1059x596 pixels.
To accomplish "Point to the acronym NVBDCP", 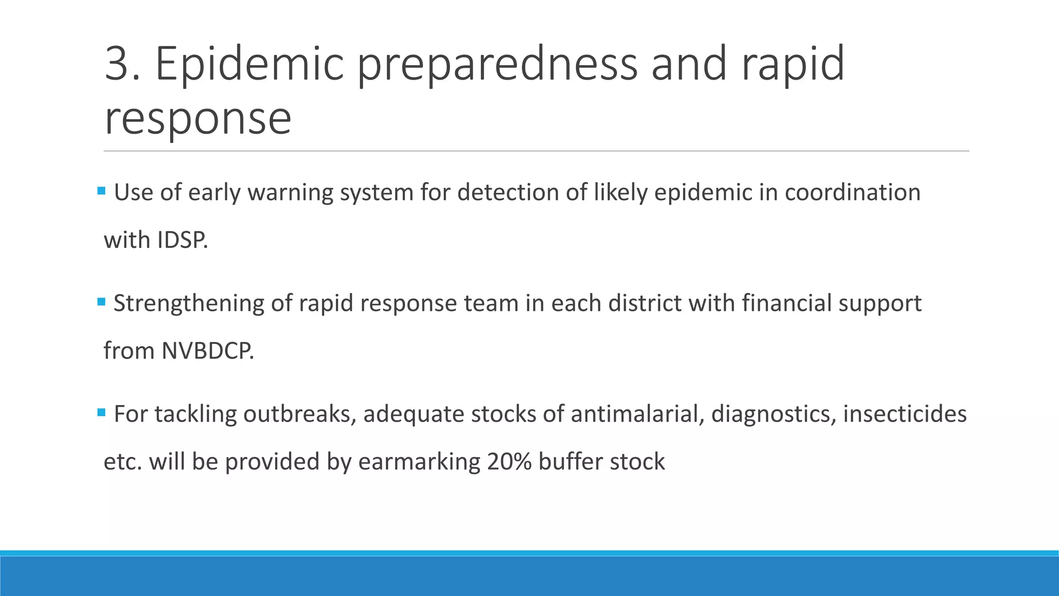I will point(207,351).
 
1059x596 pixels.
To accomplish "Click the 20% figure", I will point(509,461).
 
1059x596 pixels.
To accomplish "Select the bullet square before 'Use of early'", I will point(101,191).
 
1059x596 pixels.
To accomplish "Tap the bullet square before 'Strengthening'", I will point(101,302).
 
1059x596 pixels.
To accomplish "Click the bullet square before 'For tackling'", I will point(101,412).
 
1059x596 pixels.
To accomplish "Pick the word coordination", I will point(852,192).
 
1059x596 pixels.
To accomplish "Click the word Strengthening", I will point(189,304).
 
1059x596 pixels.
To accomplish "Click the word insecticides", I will point(904,414).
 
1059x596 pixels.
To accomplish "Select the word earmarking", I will point(419,462).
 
